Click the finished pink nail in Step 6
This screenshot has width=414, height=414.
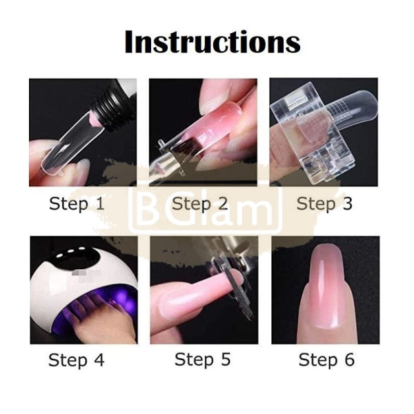tap(324, 290)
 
